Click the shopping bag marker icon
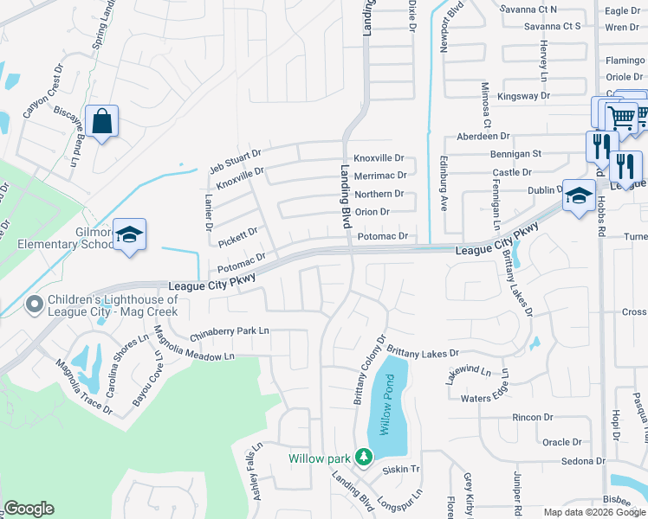coord(102,123)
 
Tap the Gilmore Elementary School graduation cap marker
coord(129,235)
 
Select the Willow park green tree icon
coord(364,456)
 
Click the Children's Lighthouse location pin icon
coord(35,304)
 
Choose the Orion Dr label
coord(373,212)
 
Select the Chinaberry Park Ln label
coord(230,330)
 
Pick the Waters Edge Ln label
coord(489,398)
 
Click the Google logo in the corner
coord(29,509)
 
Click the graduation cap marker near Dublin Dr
coord(578,196)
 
